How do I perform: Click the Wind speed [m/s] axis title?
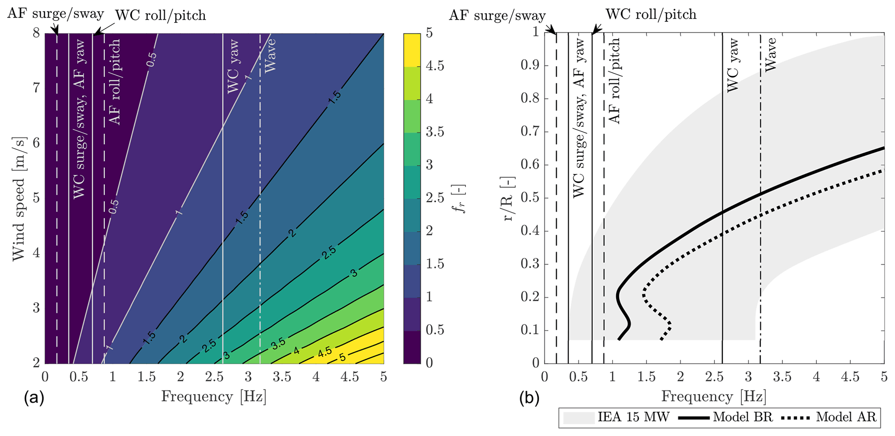tap(19, 199)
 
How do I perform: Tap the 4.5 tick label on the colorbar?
tap(435, 66)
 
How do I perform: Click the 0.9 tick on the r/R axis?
tap(529, 66)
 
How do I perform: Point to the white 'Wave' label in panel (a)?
tap(270, 55)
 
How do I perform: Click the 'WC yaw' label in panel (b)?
tap(732, 65)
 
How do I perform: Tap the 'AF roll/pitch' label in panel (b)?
tap(614, 81)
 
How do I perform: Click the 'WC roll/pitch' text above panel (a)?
tap(160, 16)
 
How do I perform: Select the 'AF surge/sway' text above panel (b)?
tap(497, 16)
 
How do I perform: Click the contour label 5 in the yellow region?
tap(342, 358)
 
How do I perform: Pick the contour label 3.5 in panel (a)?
tap(278, 343)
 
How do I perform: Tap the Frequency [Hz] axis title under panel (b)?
tap(714, 397)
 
